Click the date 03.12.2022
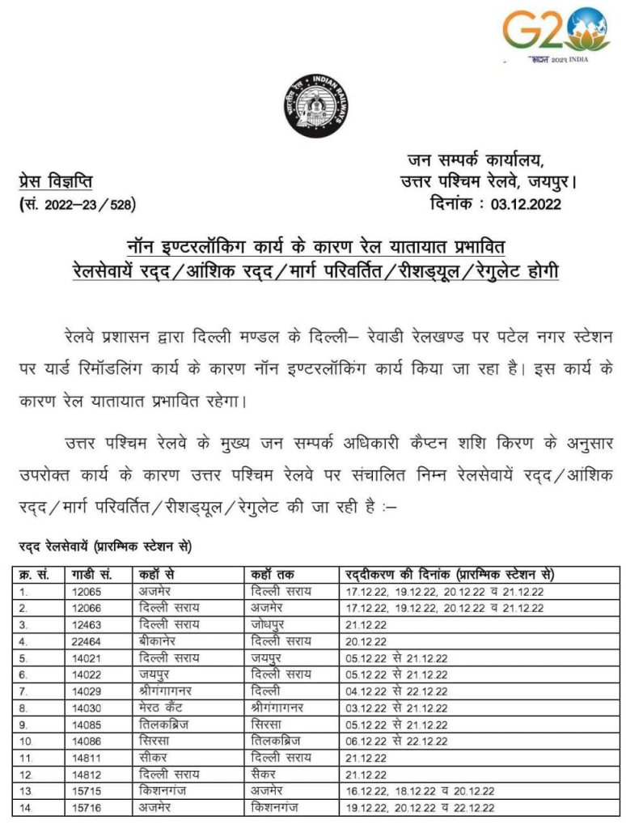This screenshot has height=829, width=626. (x=526, y=204)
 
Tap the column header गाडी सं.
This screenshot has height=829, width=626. (x=91, y=574)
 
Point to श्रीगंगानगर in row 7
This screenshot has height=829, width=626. (x=171, y=691)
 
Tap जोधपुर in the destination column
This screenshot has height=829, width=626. (x=270, y=624)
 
